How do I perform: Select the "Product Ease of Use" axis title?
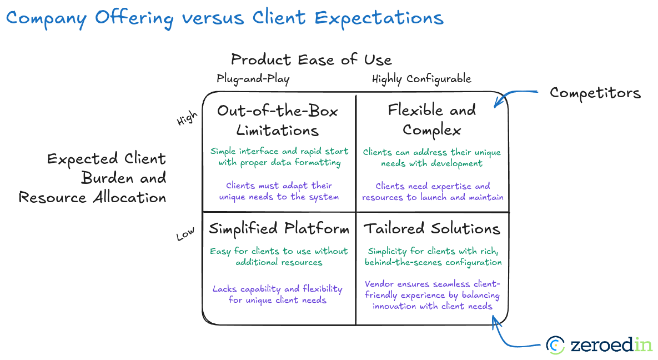click(311, 59)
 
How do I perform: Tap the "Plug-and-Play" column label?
click(253, 79)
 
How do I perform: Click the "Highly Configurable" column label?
click(421, 79)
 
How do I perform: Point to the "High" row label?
click(187, 118)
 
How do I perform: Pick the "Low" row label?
click(185, 234)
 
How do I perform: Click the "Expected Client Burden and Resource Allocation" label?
click(93, 178)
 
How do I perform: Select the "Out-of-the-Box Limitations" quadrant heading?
click(277, 120)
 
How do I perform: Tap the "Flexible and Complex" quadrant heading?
click(431, 119)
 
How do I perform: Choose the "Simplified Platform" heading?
click(279, 229)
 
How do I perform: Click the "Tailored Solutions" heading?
click(431, 229)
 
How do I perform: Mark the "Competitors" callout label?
click(595, 93)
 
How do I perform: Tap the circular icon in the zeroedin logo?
click(555, 345)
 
